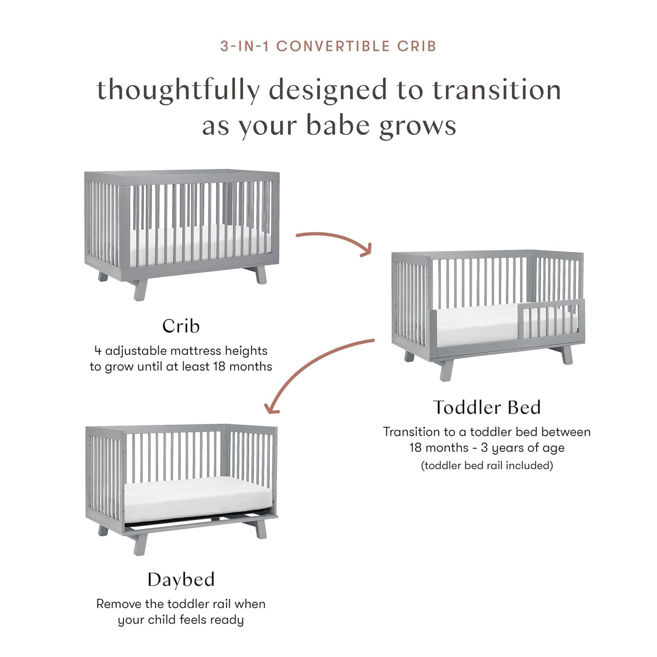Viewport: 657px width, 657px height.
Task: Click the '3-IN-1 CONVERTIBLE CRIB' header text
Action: (x=328, y=46)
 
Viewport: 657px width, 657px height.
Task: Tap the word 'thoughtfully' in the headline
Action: (x=178, y=90)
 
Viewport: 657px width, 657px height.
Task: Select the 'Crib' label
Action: (x=181, y=326)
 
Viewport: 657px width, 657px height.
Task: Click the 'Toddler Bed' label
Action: (x=486, y=407)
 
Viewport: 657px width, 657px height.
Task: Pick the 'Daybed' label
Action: (x=181, y=580)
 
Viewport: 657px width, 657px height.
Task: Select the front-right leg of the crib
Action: (x=261, y=276)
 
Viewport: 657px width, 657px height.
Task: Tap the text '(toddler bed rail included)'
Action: (x=486, y=466)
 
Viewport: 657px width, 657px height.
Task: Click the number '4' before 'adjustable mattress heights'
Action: (x=98, y=351)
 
